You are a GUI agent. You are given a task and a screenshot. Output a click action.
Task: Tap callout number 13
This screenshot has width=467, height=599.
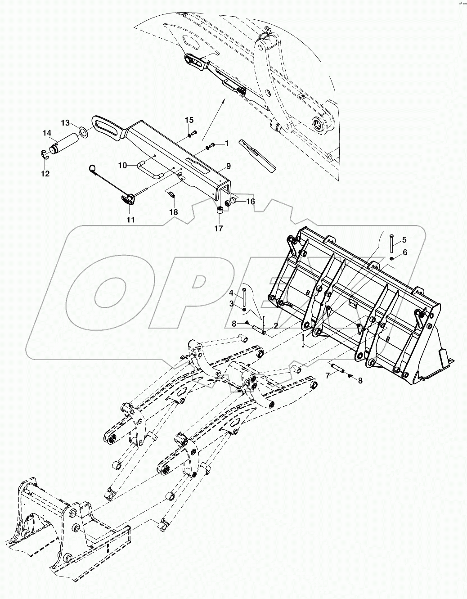coord(66,122)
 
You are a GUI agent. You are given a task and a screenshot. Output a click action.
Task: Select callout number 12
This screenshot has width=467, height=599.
coord(45,173)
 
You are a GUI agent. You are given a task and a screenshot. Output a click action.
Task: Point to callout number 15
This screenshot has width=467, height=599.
coord(189,120)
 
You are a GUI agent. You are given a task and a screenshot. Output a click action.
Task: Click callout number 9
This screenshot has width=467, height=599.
coord(229,166)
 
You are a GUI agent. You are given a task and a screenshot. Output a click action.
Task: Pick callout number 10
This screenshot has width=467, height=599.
coord(123,166)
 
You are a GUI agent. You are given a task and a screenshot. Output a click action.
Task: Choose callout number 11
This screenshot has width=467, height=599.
coord(130,220)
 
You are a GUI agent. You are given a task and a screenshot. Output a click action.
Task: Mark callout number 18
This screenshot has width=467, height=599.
coord(173,212)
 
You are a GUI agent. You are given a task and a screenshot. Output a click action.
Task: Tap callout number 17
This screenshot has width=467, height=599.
coord(218,229)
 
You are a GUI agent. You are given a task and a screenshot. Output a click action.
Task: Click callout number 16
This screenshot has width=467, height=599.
coord(250,201)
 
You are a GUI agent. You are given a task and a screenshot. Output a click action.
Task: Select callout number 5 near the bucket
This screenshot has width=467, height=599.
coord(404,239)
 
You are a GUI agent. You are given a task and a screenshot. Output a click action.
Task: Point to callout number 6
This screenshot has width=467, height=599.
coord(404,252)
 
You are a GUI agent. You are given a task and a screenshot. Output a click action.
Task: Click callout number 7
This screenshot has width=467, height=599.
coord(328,374)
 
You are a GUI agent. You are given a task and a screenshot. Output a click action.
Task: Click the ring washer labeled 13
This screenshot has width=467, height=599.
coord(83,131)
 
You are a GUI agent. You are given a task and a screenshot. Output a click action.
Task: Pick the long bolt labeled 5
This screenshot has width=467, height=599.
coord(391,243)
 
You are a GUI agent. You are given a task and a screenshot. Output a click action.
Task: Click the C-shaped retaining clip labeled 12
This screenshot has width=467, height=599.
coord(41,154)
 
